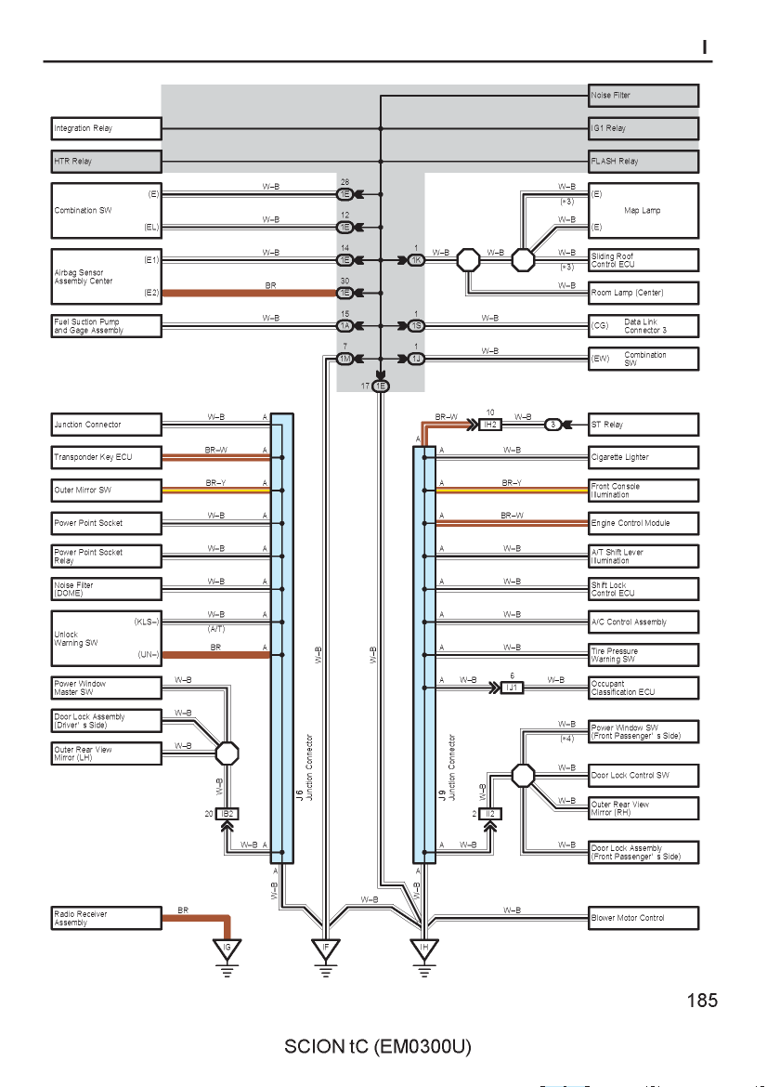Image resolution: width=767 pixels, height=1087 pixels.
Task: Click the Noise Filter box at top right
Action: click(x=643, y=96)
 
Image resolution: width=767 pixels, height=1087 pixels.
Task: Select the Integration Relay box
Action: click(x=106, y=128)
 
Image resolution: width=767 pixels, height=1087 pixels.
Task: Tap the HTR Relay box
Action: click(x=106, y=161)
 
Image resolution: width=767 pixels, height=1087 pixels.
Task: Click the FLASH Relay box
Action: click(x=643, y=161)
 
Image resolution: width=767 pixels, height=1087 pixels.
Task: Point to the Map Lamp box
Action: click(x=643, y=211)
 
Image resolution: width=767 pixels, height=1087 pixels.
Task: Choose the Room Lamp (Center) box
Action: click(x=643, y=293)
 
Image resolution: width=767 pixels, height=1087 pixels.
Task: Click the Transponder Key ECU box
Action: click(x=106, y=457)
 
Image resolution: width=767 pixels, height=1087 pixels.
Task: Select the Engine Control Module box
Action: click(x=643, y=523)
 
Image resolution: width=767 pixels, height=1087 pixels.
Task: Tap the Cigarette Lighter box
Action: click(x=643, y=457)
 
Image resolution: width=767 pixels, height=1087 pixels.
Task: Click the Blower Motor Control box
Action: click(x=643, y=918)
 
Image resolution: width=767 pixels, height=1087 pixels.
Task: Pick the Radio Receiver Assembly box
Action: click(x=106, y=918)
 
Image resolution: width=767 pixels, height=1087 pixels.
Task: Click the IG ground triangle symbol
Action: click(x=227, y=949)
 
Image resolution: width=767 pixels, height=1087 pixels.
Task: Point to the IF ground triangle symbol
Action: click(x=326, y=949)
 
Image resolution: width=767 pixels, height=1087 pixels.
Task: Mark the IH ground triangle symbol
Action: click(x=424, y=949)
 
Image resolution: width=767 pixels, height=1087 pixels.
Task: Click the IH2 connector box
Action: click(x=490, y=425)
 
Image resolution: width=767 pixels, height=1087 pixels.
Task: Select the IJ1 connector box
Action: click(x=512, y=688)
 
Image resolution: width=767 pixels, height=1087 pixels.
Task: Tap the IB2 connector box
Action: click(x=227, y=814)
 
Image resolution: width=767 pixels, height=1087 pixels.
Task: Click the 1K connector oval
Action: click(x=416, y=260)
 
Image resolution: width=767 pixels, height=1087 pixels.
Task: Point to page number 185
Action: click(x=702, y=1001)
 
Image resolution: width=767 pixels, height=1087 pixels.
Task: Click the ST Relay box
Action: click(x=643, y=425)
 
